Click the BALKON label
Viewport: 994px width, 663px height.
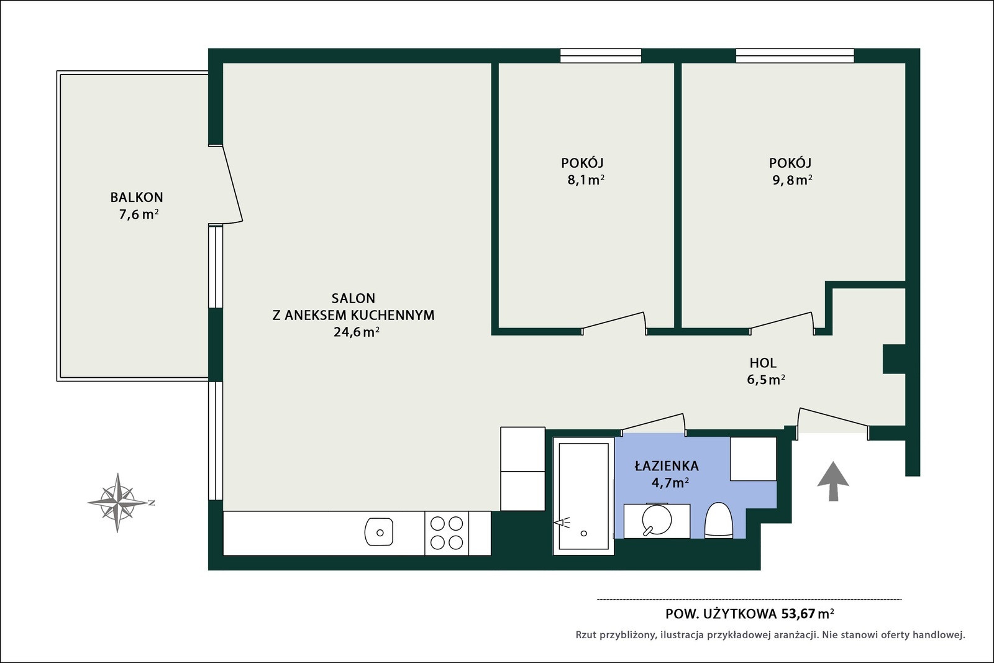point(137,197)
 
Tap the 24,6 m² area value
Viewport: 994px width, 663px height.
point(357,332)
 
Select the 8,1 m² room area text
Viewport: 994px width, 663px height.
point(586,180)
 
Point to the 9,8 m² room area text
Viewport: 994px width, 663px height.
point(792,180)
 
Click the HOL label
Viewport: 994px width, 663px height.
point(763,363)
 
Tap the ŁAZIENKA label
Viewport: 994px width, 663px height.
point(667,466)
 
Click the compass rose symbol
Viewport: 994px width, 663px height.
point(117,502)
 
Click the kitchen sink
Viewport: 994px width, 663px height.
point(379,532)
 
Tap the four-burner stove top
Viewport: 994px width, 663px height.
point(447,533)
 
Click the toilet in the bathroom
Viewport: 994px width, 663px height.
point(718,519)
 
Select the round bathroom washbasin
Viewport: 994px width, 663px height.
point(657,519)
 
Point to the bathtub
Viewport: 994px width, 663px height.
point(583,496)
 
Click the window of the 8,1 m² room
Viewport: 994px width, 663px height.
point(600,56)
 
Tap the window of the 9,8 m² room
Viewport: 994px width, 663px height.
point(795,56)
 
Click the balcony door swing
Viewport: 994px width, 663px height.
point(232,184)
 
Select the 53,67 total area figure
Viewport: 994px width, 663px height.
point(798,614)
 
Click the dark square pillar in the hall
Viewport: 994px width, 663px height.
point(894,359)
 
